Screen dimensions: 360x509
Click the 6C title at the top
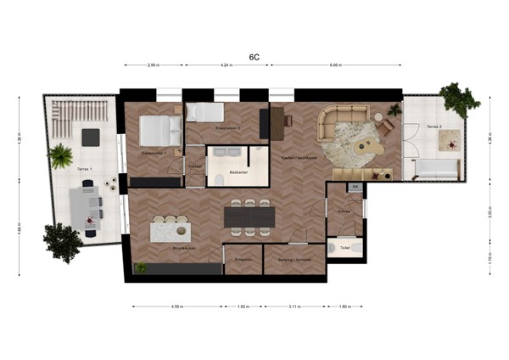(x=254, y=57)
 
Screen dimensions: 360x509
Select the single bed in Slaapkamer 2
(x=204, y=112)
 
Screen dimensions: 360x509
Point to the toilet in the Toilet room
(x=355, y=248)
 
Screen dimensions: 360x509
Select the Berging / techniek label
(x=294, y=259)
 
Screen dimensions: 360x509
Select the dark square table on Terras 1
(x=89, y=136)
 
